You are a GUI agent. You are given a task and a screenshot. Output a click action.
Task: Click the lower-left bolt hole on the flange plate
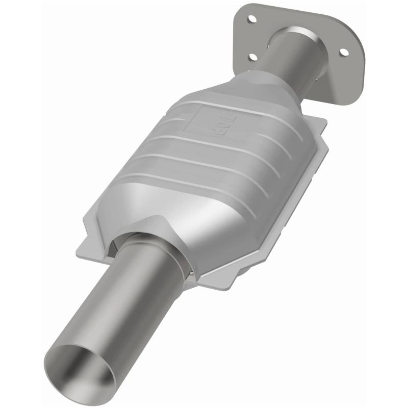[x=252, y=57]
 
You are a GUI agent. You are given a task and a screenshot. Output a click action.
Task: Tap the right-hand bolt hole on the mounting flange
[x=344, y=52]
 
